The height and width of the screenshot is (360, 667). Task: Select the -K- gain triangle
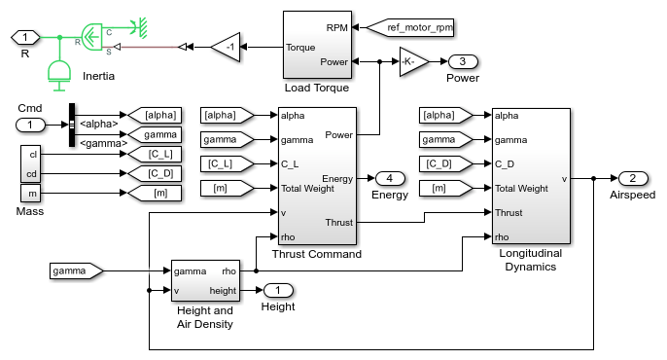[413, 61]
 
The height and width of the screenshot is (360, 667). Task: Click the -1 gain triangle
[226, 46]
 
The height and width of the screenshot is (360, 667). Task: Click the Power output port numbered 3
[463, 61]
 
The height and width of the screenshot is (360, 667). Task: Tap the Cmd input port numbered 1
[31, 125]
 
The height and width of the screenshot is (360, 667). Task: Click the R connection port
[25, 37]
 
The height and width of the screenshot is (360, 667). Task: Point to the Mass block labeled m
[31, 195]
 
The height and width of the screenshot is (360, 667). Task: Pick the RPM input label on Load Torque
[337, 26]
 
